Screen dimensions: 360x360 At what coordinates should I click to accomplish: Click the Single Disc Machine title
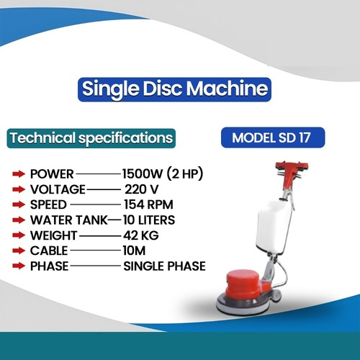[x=176, y=89]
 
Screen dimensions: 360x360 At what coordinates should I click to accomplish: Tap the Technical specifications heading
[x=90, y=137]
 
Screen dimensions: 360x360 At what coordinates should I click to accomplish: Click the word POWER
[x=52, y=174]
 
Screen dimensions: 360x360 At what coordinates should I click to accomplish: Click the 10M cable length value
[x=133, y=251]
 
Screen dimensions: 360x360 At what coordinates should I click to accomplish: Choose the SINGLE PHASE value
[x=164, y=266]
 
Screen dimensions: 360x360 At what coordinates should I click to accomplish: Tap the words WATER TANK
[x=69, y=220]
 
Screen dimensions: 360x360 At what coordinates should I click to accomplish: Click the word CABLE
[x=49, y=251]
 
